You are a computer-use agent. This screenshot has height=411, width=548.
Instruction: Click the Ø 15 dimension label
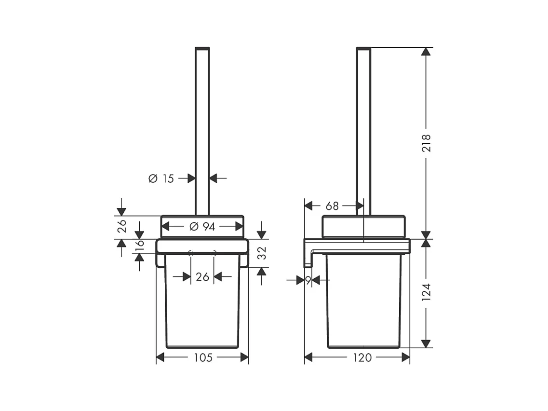click(x=161, y=178)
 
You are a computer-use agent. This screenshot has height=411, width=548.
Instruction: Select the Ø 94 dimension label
click(x=202, y=227)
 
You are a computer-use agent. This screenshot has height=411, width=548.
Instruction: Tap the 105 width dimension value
click(x=203, y=357)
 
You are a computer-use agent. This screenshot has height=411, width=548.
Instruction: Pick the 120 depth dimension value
click(x=362, y=357)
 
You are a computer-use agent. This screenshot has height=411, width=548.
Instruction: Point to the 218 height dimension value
click(x=427, y=143)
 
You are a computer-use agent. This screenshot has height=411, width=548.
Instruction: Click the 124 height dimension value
click(x=427, y=292)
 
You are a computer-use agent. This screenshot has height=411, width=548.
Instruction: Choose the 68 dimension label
click(x=332, y=206)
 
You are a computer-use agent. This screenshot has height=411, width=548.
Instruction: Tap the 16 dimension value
click(x=139, y=244)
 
